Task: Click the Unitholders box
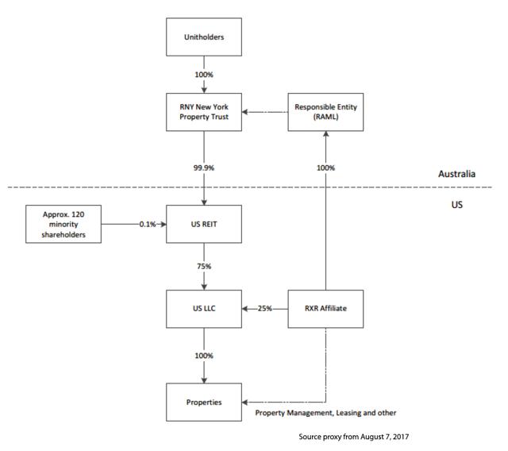tap(204, 37)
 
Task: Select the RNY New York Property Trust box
tap(204, 112)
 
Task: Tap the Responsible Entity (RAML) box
tap(325, 112)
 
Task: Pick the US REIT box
tap(204, 224)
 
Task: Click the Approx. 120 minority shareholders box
tap(63, 224)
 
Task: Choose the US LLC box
tap(204, 309)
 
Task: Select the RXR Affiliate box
tap(325, 309)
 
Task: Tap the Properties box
tap(204, 402)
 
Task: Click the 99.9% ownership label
tap(204, 168)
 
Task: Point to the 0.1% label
tap(148, 224)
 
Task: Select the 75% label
tap(204, 266)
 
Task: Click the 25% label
tap(264, 308)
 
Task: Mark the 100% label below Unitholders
tap(204, 75)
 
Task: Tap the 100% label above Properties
tap(204, 356)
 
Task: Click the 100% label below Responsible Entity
tap(325, 168)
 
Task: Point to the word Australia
tap(457, 174)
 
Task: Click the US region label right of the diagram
tap(457, 205)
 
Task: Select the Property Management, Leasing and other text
tap(325, 413)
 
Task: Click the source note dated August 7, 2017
tap(353, 437)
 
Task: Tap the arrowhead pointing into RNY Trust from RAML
tap(244, 112)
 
